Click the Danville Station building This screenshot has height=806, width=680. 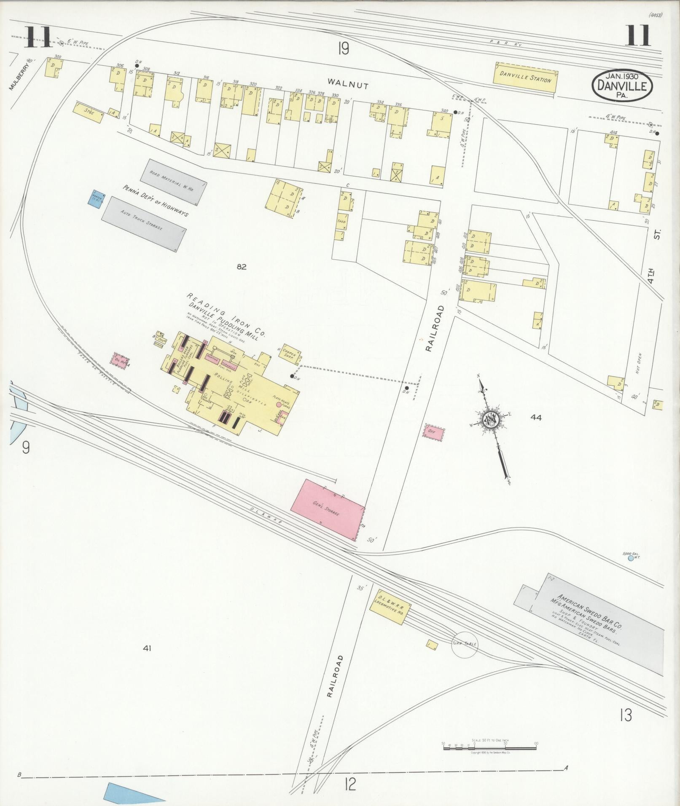pos(525,78)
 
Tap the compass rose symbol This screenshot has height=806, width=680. pos(491,420)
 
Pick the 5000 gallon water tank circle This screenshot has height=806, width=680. pos(631,558)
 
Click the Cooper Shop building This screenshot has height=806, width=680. pos(290,356)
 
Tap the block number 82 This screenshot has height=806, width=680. pos(241,266)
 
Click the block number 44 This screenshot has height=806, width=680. pos(536,418)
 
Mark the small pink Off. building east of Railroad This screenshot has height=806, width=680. pos(433,432)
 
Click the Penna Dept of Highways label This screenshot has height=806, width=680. pos(155,201)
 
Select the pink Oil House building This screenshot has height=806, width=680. pos(120,361)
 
